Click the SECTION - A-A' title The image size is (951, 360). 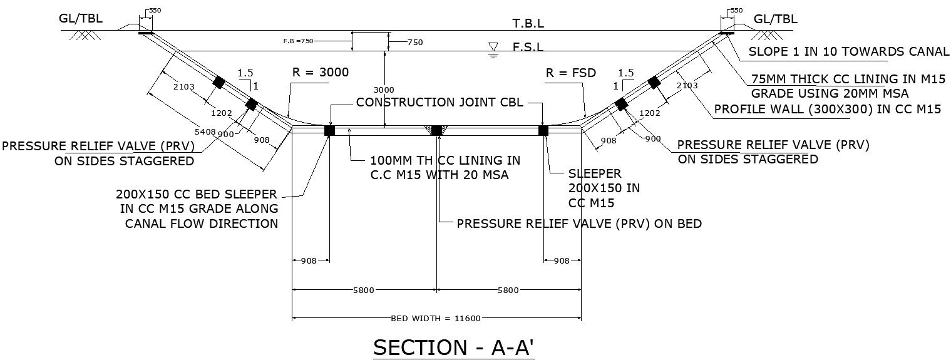pos(454,347)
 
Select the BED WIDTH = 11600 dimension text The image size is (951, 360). pos(436,319)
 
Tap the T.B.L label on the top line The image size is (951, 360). pos(528,24)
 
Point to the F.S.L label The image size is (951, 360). pos(528,47)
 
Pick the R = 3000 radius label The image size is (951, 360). pos(320,72)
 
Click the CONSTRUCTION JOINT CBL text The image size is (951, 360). pos(440,103)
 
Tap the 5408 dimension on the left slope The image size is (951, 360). pos(205,132)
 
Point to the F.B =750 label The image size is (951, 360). pos(298,41)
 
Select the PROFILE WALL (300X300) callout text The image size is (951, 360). pos(828,109)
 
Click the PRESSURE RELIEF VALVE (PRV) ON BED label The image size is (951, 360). pos(579,224)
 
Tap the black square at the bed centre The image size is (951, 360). pos(437,130)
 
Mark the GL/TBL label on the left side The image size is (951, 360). pos(81,19)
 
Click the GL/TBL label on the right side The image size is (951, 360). pos(776,19)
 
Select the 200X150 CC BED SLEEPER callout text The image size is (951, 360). pos(196,208)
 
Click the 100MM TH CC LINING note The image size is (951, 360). pos(445,168)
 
